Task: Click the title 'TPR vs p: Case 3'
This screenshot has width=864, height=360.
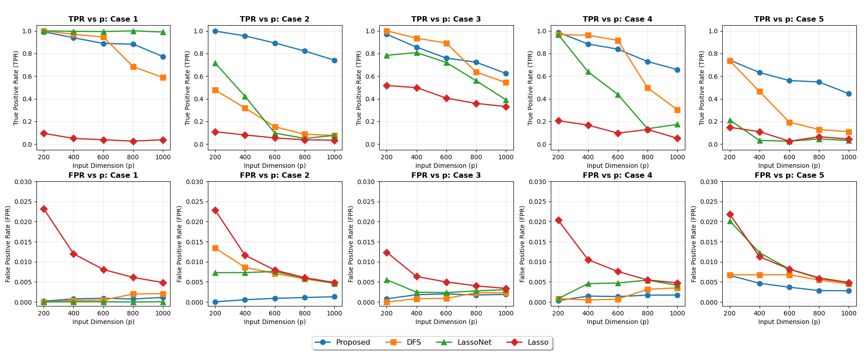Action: (446, 19)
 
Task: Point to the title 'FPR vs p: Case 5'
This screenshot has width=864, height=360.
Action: (789, 175)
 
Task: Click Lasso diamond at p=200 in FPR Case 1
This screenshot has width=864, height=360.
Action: (44, 209)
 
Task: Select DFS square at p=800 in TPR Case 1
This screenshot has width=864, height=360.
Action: (133, 67)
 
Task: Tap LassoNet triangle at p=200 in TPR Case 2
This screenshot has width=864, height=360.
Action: (215, 63)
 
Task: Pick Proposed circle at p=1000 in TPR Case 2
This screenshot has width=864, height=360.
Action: (334, 60)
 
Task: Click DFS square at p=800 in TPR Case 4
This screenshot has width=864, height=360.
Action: (648, 88)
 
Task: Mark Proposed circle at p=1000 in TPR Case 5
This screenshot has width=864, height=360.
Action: (849, 94)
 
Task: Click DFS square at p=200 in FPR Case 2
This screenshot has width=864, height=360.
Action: (215, 248)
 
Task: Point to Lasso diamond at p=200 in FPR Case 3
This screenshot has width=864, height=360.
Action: (387, 252)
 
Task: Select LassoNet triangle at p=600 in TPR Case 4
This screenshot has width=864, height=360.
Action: (618, 95)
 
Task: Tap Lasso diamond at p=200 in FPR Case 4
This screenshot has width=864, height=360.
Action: (558, 220)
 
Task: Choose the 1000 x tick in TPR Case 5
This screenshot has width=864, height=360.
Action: (849, 157)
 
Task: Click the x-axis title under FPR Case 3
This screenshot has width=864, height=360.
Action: (446, 322)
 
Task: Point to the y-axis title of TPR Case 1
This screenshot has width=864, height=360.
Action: (16, 88)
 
